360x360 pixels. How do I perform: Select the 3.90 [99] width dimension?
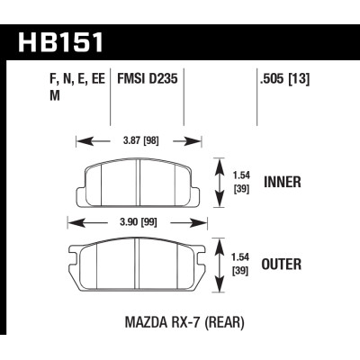138,221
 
